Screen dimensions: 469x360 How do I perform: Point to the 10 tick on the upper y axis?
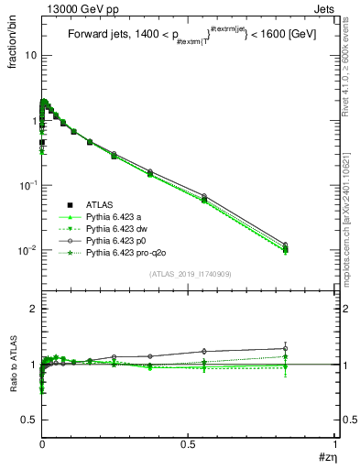[28, 55]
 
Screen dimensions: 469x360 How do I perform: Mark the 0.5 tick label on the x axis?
[187, 442]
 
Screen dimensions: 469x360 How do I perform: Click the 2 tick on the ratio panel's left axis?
[31, 309]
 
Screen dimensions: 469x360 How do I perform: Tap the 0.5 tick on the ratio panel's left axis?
[27, 420]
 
